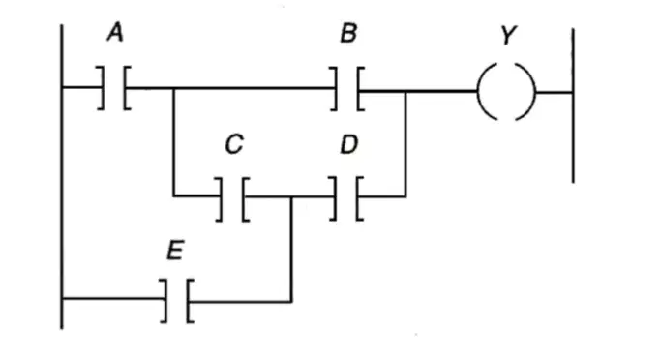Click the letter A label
click(115, 33)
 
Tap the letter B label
click(349, 33)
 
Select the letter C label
click(234, 144)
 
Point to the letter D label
click(349, 144)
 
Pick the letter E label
click(175, 250)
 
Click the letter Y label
click(509, 35)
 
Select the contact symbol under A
click(114, 88)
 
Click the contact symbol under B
click(347, 89)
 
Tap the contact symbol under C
click(232, 199)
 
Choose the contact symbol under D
click(346, 198)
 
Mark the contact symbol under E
click(177, 301)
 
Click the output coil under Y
click(506, 91)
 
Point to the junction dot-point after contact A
click(173, 88)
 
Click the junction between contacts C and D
click(291, 196)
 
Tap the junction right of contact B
click(405, 91)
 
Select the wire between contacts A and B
click(230, 88)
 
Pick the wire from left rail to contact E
click(113, 298)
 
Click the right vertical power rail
click(573, 105)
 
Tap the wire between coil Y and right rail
click(554, 92)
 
